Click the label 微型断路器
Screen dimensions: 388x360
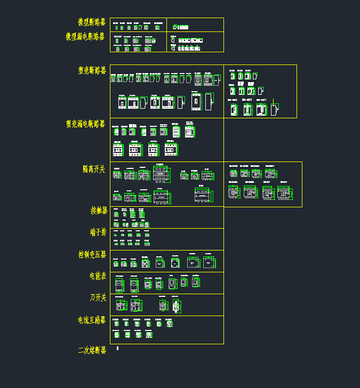coord(92,22)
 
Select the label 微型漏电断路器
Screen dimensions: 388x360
coord(85,37)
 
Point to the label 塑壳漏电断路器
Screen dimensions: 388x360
coord(86,124)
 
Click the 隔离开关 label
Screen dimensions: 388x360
coord(94,169)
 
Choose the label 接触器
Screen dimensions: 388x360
coord(99,211)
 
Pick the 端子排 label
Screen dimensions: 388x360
coord(98,232)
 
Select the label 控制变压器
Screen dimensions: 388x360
coord(92,255)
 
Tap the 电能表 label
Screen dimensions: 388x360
coord(98,276)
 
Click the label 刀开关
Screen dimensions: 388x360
coord(98,297)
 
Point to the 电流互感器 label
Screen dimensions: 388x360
coord(92,320)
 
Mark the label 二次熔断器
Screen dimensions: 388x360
coord(92,350)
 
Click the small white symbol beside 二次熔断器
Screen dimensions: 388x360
coord(117,349)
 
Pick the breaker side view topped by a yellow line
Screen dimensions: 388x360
coord(274,109)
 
